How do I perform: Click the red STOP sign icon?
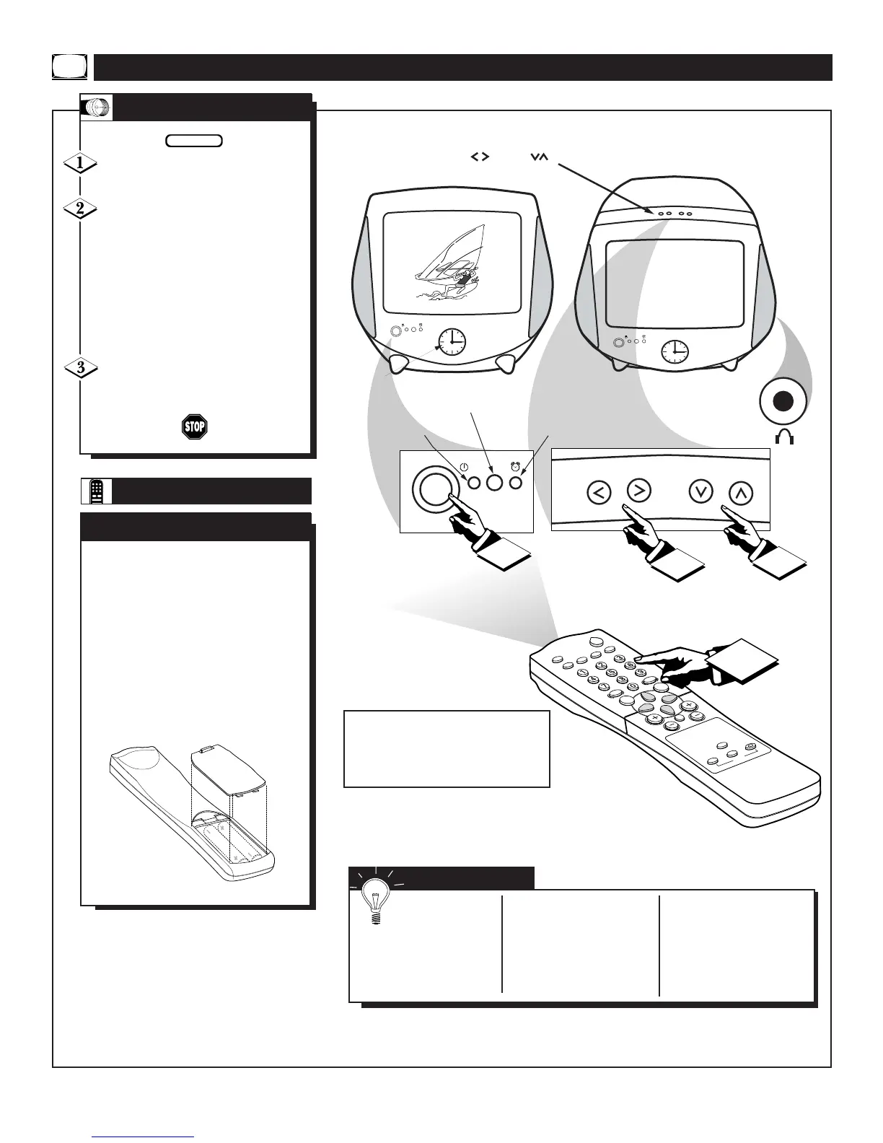195,426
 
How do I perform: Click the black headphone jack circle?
786,401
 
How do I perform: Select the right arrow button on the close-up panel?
639,491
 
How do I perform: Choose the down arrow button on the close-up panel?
701,491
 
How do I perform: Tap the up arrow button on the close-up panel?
742,492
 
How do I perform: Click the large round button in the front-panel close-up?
431,489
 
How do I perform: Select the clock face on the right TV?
675,351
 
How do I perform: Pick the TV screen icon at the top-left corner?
70,66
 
